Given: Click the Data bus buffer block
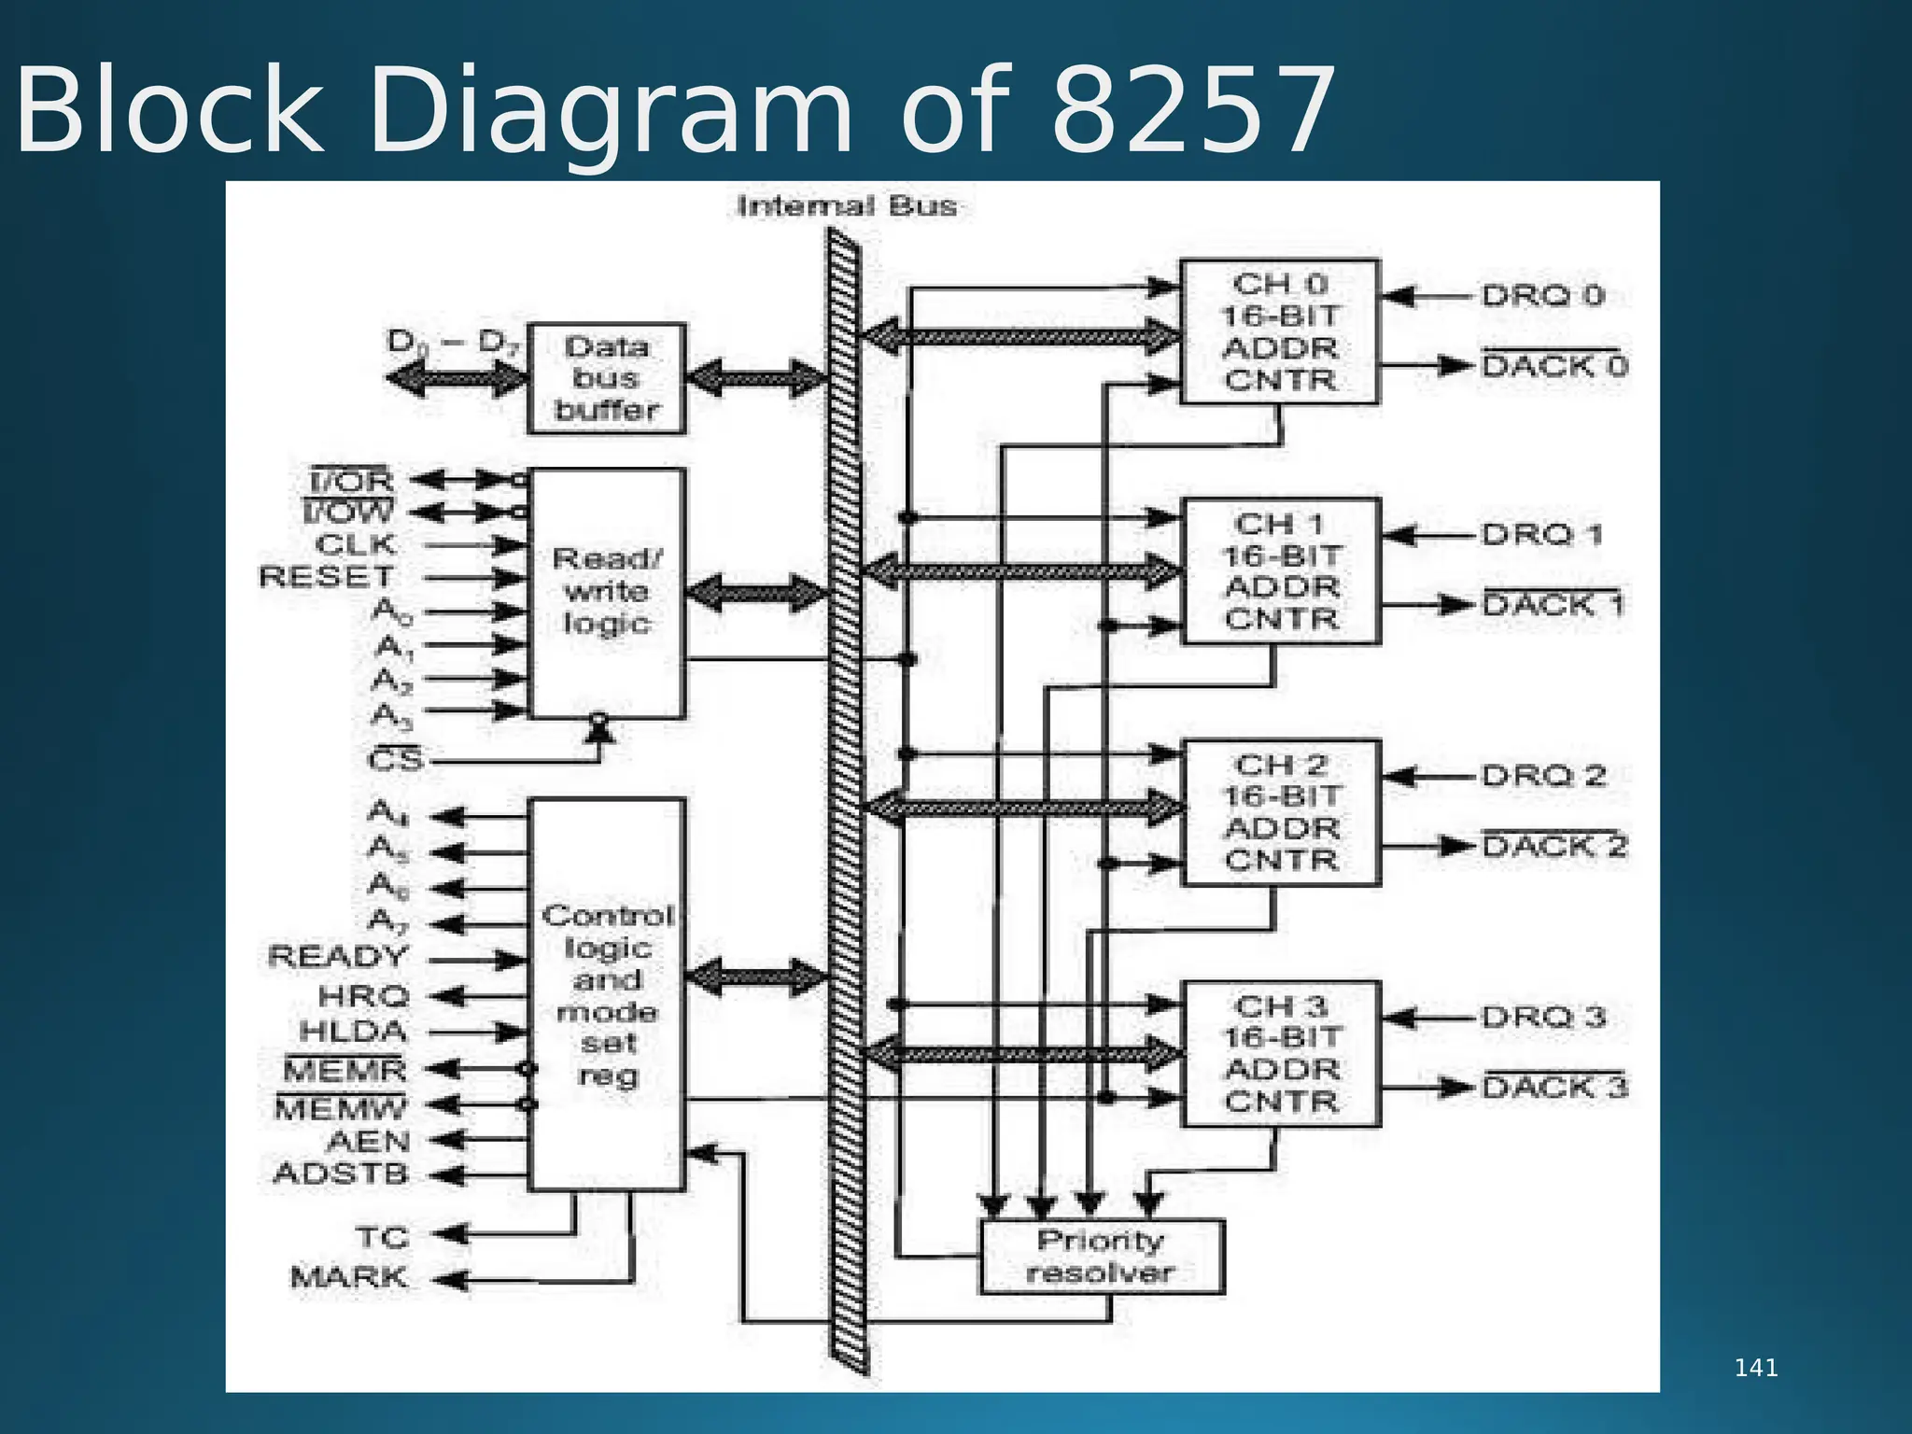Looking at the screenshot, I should click(x=607, y=378).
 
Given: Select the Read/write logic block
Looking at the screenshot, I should click(x=607, y=593).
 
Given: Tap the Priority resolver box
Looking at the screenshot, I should click(x=1102, y=1257).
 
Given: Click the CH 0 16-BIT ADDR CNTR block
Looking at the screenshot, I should click(x=1279, y=331).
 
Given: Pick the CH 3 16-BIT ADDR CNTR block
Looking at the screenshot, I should click(x=1281, y=1053).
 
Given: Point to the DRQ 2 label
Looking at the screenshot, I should click(x=1542, y=776).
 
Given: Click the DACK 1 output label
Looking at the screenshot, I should click(x=1553, y=605).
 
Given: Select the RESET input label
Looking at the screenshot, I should click(x=327, y=577).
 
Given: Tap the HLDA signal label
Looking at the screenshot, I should click(x=353, y=1032).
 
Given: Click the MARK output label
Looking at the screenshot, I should click(x=348, y=1276).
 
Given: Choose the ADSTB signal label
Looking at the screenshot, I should click(x=341, y=1174).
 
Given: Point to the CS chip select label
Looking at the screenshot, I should click(x=396, y=760).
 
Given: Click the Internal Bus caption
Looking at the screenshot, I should click(x=847, y=206).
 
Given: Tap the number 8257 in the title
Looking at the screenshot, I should click(x=1193, y=110).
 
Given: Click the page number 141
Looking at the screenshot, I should click(x=1755, y=1369).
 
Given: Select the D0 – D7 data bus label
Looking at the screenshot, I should click(x=453, y=342).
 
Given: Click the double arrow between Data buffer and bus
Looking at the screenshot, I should click(x=756, y=378).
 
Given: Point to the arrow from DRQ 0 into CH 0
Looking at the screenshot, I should click(x=1428, y=297).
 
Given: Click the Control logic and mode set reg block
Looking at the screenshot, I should click(x=607, y=994).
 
